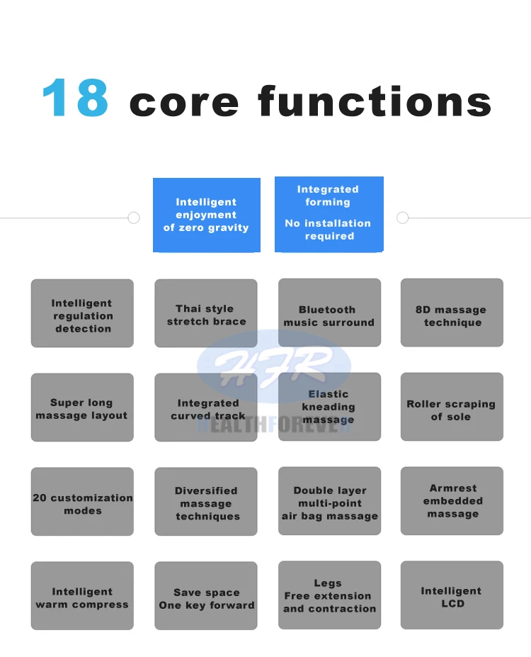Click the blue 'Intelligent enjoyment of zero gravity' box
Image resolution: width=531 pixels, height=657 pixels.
click(206, 215)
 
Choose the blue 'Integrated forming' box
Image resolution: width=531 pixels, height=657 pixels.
click(329, 213)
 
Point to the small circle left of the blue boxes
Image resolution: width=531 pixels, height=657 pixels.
click(133, 218)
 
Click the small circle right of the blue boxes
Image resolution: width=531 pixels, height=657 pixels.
click(403, 218)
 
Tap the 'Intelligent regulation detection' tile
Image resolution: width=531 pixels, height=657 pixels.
click(82, 313)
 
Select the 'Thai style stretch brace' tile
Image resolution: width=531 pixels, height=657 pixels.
click(206, 313)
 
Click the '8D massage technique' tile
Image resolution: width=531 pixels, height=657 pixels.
click(452, 313)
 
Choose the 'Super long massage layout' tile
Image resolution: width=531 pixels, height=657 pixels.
click(82, 408)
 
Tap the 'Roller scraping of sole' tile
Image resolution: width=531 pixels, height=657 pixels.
click(452, 408)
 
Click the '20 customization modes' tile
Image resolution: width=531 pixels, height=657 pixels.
click(82, 502)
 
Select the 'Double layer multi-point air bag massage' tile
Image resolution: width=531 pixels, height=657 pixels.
click(329, 502)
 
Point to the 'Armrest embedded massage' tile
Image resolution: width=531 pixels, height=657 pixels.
click(452, 500)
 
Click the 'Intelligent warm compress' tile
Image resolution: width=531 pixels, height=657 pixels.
click(82, 596)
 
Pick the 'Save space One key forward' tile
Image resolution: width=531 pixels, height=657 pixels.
click(206, 596)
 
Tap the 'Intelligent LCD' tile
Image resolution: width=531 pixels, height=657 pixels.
click(452, 595)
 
